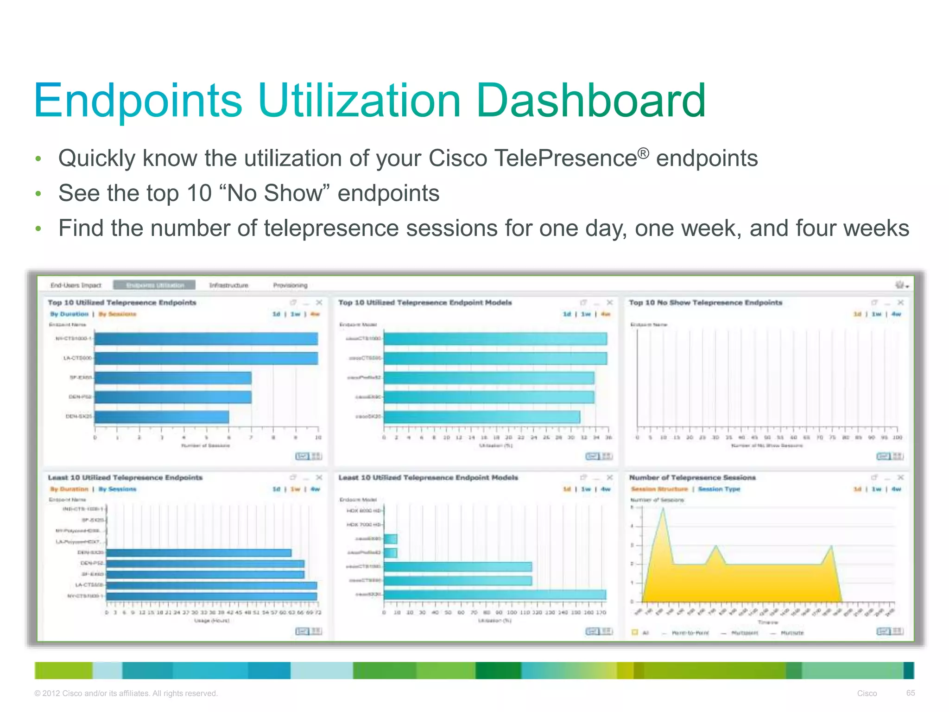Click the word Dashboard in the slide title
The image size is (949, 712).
590,100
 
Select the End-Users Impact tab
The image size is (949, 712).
76,285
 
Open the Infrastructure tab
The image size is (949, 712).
228,285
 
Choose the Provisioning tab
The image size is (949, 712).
290,285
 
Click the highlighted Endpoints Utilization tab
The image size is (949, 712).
155,285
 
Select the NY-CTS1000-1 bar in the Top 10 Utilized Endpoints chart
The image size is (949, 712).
206,339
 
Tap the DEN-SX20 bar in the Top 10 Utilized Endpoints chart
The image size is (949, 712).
162,417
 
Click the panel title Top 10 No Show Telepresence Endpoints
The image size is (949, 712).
705,303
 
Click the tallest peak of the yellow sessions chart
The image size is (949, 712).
663,510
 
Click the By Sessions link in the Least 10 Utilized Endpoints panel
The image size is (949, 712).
117,489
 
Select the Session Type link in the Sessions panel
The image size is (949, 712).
719,489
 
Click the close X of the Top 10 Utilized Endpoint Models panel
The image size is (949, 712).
610,303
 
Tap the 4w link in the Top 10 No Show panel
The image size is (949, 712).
896,314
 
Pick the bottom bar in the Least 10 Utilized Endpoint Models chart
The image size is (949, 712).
494,594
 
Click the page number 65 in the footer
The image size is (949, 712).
910,693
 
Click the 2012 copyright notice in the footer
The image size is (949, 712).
126,693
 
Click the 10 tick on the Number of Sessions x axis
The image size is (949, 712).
318,437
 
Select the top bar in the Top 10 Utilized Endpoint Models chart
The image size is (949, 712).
495,339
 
